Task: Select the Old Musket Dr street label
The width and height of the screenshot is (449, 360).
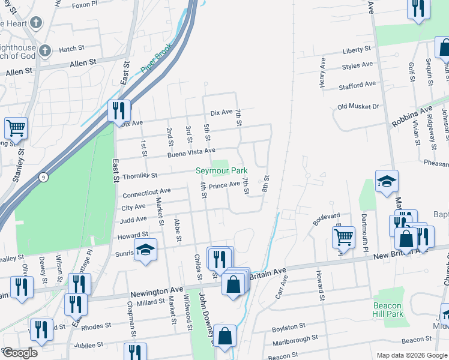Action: pos(358,107)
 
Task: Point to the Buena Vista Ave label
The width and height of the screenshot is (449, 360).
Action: pos(192,152)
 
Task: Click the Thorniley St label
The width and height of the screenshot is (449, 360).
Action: pos(140,176)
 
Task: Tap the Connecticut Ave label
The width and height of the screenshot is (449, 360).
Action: pos(146,193)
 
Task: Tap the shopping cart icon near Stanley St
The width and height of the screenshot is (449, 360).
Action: pos(16,127)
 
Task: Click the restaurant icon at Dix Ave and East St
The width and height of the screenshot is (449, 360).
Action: pos(119,110)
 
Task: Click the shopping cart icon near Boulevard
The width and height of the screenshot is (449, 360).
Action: pos(343,236)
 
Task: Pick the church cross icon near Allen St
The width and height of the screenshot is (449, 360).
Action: pos(36,23)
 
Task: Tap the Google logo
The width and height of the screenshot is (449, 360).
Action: pos(20,353)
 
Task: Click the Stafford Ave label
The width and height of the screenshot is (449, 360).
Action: pos(357,85)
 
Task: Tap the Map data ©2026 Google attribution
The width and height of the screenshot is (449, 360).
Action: pos(412,355)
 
